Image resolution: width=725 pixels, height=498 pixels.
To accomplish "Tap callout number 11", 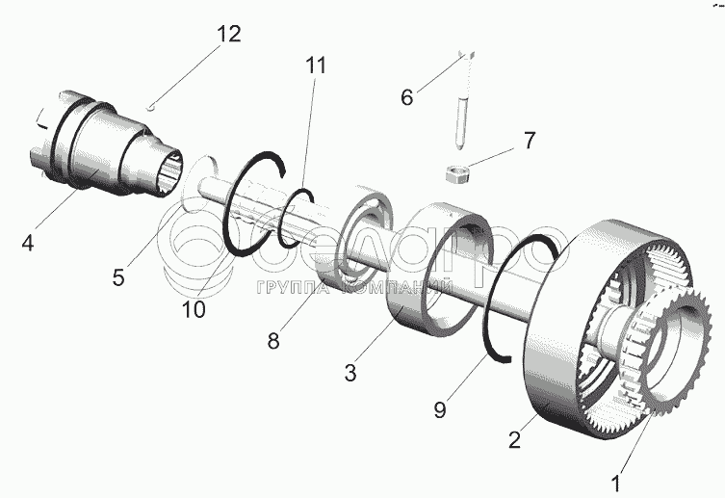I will [x=316, y=66].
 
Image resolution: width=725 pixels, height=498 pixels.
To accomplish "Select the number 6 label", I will [x=406, y=96].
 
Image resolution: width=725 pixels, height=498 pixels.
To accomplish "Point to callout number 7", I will [x=529, y=140].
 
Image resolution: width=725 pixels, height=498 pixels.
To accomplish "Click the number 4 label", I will [x=27, y=245].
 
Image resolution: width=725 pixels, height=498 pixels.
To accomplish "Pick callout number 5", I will [x=117, y=277].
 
